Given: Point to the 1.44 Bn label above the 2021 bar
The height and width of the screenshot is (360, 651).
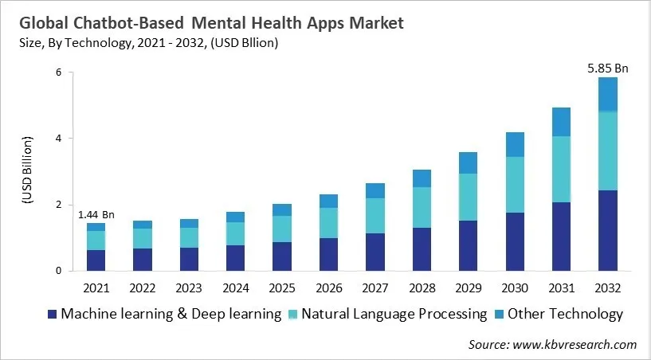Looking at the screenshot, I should click(x=96, y=215).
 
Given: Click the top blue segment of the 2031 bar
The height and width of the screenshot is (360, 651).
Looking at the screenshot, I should click(x=560, y=122).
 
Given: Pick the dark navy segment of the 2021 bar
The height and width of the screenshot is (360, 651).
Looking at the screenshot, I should click(x=96, y=260).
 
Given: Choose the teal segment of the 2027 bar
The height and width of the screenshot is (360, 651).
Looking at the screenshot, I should click(x=374, y=216).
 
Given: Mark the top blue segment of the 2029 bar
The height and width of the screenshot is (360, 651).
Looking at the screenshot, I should click(x=467, y=162).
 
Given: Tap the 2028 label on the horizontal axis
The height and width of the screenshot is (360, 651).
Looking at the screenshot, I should click(x=421, y=286).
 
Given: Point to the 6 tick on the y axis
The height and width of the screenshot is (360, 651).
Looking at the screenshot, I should click(x=58, y=72).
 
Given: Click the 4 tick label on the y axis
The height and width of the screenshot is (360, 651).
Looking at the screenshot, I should click(x=58, y=139).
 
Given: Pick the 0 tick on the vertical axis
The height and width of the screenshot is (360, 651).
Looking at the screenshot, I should click(x=58, y=272).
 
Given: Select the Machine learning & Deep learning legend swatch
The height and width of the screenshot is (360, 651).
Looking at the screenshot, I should click(x=53, y=314).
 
